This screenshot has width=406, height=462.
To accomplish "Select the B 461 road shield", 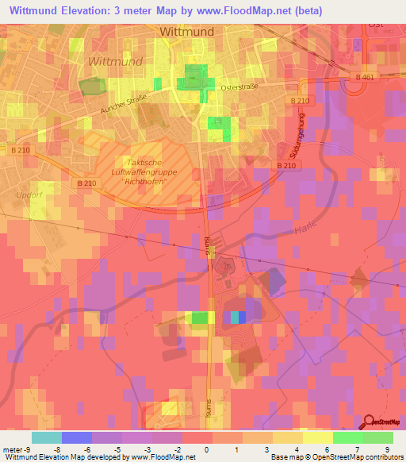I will point(365,76).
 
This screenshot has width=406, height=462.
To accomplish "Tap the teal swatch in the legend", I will point(47,437).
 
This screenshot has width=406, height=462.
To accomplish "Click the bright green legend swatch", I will point(347,437).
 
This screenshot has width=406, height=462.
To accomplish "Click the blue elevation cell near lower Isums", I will point(242,317).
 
